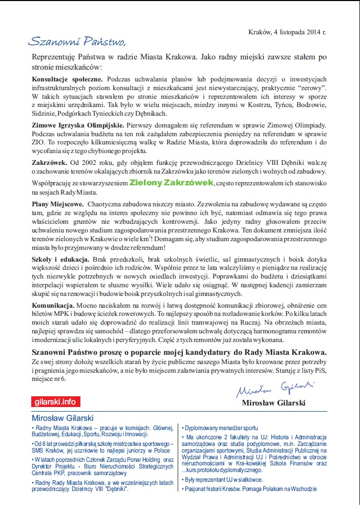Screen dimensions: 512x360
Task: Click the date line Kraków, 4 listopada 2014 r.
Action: point(287,32)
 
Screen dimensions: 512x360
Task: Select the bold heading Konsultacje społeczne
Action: point(68,79)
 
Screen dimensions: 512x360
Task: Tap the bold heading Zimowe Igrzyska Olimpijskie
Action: point(77,125)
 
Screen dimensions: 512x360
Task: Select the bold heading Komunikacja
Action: point(54,305)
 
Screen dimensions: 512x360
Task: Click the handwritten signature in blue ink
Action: point(276,388)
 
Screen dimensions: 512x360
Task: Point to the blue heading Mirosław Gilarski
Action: point(62,418)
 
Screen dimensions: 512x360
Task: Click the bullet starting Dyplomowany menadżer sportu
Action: point(221,428)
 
